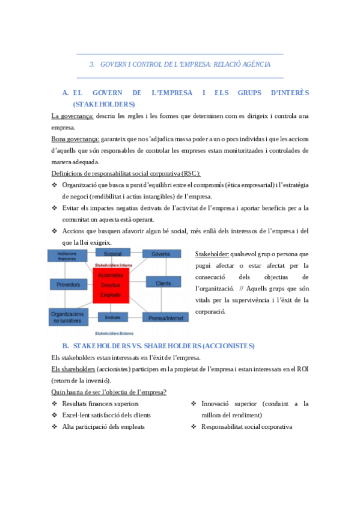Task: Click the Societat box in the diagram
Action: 112,254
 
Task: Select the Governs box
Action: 161,254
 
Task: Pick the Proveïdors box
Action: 68,284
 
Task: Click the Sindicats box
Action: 112,316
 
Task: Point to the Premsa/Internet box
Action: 162,316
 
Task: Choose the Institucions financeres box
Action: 67,256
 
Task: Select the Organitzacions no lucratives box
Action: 68,317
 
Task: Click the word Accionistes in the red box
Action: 111,275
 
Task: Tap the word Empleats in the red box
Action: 111,295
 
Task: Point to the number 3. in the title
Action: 92,64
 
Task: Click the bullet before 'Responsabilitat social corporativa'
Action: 194,426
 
